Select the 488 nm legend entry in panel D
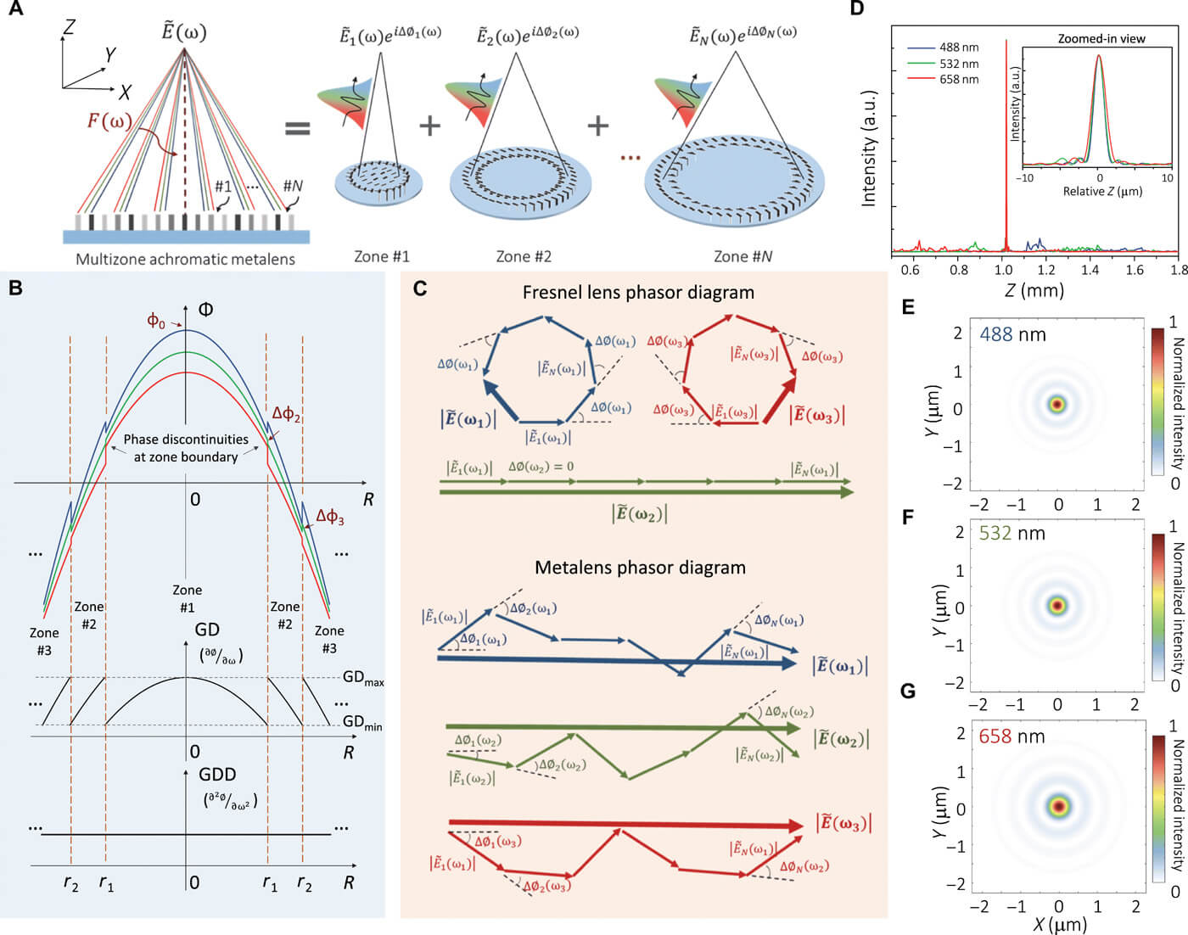click(958, 48)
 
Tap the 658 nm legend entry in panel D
click(958, 79)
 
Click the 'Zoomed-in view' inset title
click(1101, 38)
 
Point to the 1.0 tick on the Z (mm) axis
click(1004, 270)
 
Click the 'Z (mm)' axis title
click(1034, 291)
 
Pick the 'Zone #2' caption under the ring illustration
click(524, 256)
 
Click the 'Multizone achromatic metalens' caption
click(185, 259)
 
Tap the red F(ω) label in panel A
click(109, 120)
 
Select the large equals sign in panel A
click(297, 128)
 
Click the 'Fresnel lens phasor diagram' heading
click(638, 293)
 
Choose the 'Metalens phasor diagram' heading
click(640, 568)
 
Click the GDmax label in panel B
click(363, 678)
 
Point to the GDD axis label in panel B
click(217, 775)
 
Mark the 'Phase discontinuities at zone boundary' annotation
click(186, 448)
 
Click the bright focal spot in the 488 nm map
click(1057, 405)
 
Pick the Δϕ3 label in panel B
click(330, 516)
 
